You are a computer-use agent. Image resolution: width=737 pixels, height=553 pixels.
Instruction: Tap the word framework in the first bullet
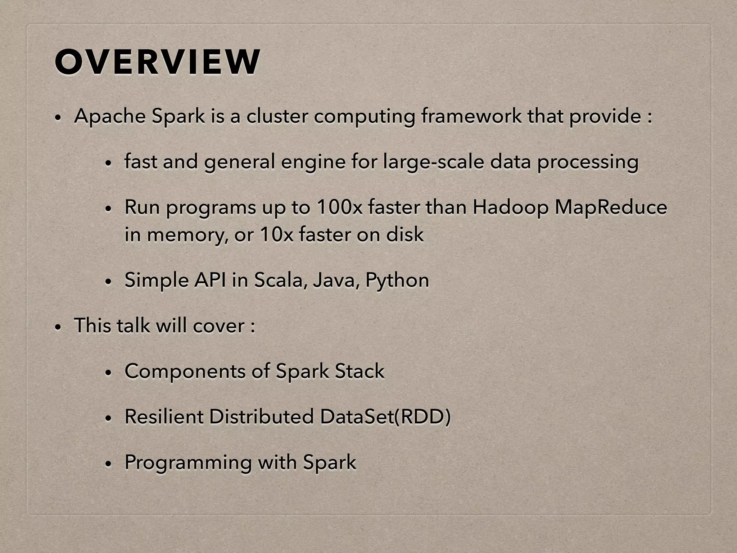pyautogui.click(x=471, y=117)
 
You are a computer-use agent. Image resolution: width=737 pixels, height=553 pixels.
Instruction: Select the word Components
pyautogui.click(x=185, y=372)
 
